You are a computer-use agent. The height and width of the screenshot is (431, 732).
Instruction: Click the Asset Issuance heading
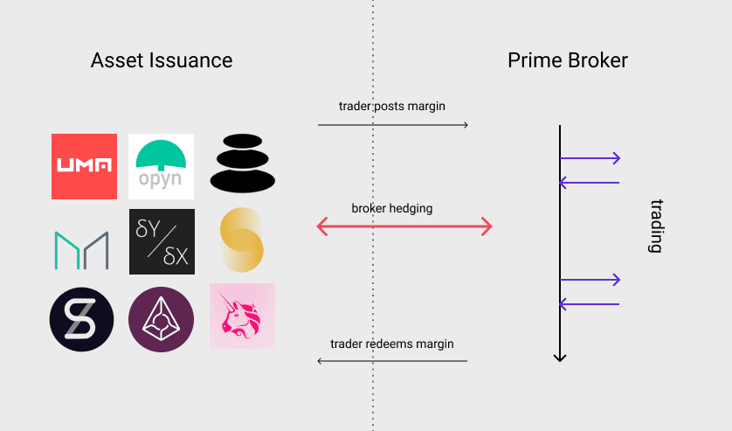pos(162,60)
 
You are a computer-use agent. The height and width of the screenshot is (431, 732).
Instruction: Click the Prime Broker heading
pos(568,60)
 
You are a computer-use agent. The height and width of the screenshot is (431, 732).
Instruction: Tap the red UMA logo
pos(84,166)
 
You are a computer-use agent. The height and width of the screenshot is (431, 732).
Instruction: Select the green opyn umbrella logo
pos(162,166)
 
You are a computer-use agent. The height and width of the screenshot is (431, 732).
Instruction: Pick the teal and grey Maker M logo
pos(81,250)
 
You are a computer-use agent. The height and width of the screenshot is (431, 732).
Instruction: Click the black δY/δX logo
pos(162,242)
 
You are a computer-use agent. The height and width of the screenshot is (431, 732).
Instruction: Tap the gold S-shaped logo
pos(242,240)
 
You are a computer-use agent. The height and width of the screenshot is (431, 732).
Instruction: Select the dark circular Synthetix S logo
pos(82,319)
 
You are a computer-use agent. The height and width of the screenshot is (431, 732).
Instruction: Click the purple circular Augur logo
pos(162,319)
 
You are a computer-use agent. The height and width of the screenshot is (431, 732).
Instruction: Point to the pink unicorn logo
pos(242,316)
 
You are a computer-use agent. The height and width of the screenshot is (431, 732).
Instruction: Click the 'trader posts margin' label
pos(392,107)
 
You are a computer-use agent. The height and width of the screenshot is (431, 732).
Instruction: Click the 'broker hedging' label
pos(392,209)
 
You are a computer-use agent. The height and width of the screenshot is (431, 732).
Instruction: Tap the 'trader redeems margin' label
pos(392,344)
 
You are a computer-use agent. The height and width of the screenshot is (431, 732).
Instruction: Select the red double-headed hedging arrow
pos(404,228)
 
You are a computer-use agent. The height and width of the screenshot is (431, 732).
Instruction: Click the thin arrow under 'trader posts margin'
pos(393,126)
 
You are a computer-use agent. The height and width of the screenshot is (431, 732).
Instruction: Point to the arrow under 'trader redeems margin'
pos(392,360)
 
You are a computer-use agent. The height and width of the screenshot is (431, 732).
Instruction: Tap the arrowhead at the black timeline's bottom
pos(560,357)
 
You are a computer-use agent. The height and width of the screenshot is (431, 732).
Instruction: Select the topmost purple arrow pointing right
pos(590,158)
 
